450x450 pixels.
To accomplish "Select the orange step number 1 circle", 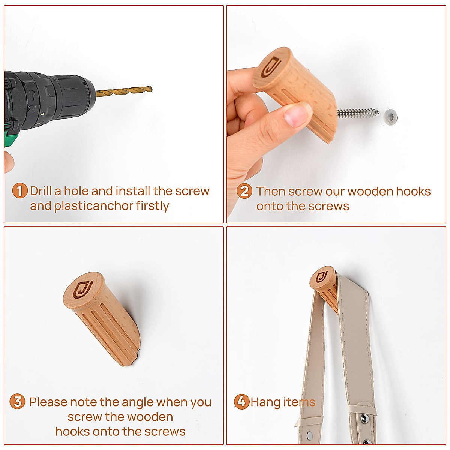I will [x=19, y=191].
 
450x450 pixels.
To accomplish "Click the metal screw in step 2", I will [x=358, y=113].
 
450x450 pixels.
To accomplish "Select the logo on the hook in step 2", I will [x=271, y=66].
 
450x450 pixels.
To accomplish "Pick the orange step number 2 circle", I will [x=244, y=191].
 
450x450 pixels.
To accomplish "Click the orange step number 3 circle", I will [x=17, y=402].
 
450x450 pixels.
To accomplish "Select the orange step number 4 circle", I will [x=241, y=402].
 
